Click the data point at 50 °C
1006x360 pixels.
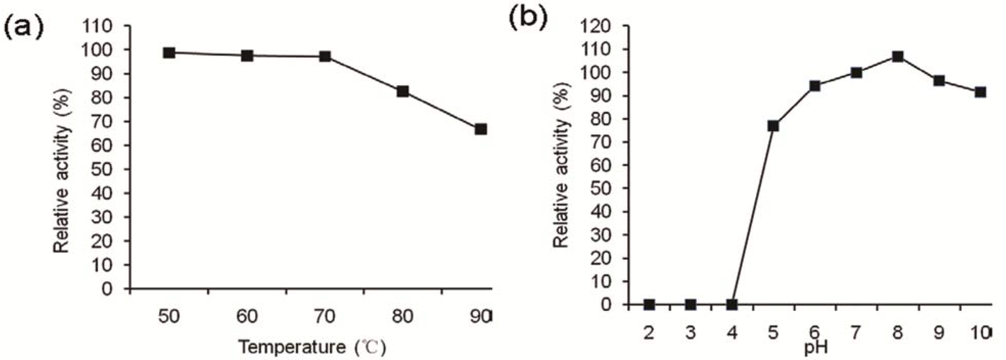(x=169, y=53)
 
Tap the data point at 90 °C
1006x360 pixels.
(x=481, y=129)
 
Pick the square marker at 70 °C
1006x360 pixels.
(x=325, y=57)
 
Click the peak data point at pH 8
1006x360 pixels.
(x=898, y=57)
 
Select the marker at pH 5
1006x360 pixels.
(x=773, y=126)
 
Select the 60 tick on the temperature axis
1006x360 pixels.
(x=247, y=317)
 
